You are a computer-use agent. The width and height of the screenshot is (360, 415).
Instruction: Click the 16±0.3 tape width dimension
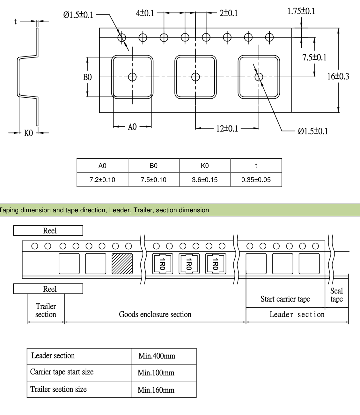coord(338,77)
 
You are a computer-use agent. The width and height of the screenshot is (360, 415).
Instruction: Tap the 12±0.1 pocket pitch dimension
coord(227,128)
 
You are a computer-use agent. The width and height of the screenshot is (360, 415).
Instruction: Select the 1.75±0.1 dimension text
coord(301,11)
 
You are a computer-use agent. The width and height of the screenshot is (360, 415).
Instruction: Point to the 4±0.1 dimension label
coord(145,13)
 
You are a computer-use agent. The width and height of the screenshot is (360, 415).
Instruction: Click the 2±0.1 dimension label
coord(229,13)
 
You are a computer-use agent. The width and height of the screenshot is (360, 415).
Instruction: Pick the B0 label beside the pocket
coord(87,77)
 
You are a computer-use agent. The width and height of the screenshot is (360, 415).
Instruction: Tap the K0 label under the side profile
coord(28,133)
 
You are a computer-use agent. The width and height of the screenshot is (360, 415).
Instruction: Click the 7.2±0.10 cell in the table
coord(102,180)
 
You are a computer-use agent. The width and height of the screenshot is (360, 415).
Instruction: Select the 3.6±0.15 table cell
coord(205,180)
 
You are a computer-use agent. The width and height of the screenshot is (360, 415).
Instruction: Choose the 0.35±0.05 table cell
coord(256,180)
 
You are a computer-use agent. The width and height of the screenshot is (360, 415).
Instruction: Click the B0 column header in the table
coord(153,166)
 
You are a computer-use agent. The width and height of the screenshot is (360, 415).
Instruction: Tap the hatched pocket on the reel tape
coord(122,263)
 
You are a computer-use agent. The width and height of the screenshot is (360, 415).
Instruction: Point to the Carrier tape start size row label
coord(62,372)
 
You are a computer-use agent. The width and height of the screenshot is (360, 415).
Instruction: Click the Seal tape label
coord(336,295)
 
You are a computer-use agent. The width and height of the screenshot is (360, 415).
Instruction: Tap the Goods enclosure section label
coord(155,314)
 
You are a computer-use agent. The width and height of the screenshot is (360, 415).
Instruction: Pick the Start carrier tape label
coord(285,299)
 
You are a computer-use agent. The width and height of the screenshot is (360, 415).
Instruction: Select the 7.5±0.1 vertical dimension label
coord(314,57)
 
